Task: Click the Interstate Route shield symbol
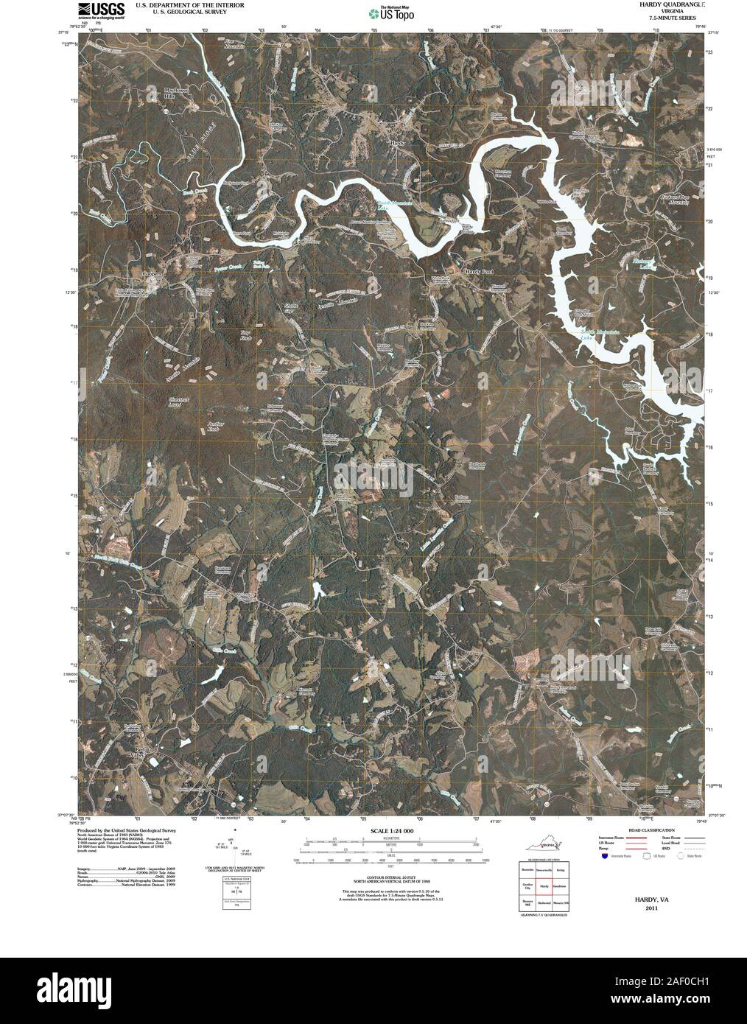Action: (603, 857)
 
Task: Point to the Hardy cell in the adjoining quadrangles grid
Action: (544, 886)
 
